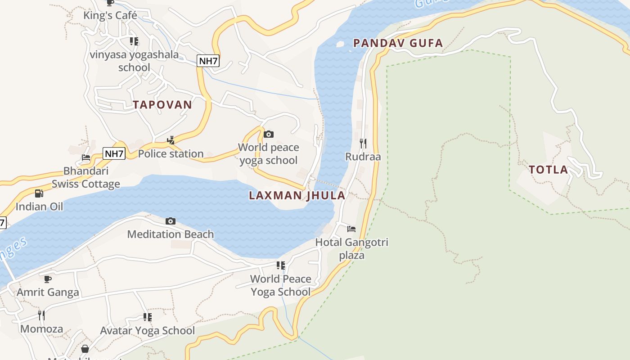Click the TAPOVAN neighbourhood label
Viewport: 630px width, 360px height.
pos(162,105)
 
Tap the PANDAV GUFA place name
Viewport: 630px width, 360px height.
pos(398,43)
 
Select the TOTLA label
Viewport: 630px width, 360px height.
pos(548,170)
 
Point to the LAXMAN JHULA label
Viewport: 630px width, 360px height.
pos(297,195)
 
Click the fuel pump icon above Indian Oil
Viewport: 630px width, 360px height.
pos(39,193)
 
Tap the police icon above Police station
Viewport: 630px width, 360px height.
pos(171,140)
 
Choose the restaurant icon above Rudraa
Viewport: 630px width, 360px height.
pos(363,144)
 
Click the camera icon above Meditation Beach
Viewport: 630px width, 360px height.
pos(170,221)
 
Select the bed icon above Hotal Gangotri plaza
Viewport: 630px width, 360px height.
pos(351,229)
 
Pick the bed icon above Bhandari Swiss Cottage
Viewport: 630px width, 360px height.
pos(85,158)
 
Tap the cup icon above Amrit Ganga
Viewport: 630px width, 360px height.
pos(48,279)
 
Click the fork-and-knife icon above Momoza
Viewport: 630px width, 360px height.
pos(41,315)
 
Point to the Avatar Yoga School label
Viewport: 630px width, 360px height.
pos(147,331)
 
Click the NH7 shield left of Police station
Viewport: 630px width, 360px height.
pos(114,154)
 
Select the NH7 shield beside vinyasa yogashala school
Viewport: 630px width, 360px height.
pos(208,61)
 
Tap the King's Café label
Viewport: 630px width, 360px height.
pos(110,16)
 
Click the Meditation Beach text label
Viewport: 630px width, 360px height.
pos(170,234)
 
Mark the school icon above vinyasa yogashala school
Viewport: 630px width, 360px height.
pos(134,41)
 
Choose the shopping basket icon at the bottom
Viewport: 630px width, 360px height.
pos(85,349)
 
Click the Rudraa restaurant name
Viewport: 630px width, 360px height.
pos(363,157)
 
